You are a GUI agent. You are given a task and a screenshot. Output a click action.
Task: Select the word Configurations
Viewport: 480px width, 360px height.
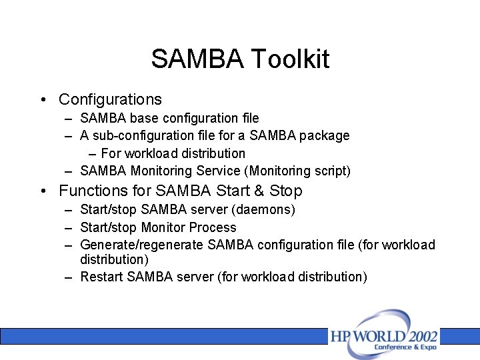pos(110,99)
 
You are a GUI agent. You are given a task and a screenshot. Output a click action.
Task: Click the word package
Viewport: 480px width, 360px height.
pos(325,135)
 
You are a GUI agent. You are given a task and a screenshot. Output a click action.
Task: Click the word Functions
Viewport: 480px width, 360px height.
pos(92,191)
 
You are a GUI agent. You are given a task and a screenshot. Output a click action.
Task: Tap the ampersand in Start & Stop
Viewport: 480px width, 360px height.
pos(258,191)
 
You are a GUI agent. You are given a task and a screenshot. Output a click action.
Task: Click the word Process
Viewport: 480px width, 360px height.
pos(213,227)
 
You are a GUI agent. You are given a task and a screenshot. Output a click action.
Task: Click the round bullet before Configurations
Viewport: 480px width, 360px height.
pos(43,100)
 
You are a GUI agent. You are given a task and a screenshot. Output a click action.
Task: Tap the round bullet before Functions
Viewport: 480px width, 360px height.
pos(43,191)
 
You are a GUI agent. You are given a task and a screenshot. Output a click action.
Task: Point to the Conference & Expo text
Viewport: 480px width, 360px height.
pos(405,347)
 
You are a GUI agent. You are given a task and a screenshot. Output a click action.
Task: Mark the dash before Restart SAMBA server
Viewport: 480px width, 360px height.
pos(69,277)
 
